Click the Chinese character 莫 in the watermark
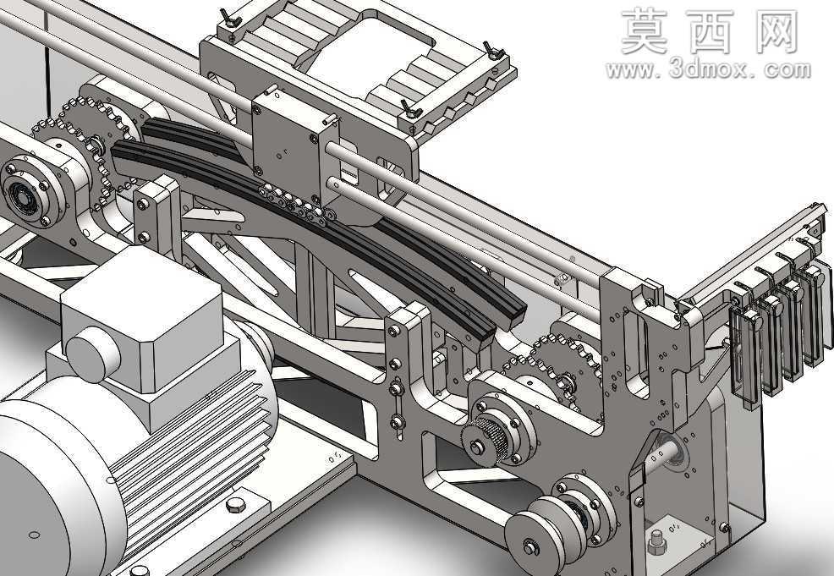point(645,31)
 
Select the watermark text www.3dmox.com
point(708,70)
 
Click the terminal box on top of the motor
point(143,325)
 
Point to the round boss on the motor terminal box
point(93,354)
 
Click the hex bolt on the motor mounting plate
point(235,504)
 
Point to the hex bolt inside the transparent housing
point(656,542)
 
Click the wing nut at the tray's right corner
point(494,51)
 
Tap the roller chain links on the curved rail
point(296,205)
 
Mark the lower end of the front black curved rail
point(483,339)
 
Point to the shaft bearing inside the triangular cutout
point(672,451)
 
